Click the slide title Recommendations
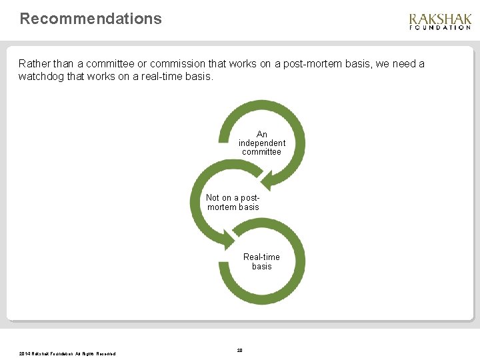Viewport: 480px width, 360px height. [91, 19]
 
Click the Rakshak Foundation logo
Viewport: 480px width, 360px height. [439, 22]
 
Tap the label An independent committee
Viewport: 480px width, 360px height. [262, 143]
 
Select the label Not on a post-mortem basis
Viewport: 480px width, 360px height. [233, 202]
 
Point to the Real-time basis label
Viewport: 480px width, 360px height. [261, 261]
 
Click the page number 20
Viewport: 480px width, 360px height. [240, 350]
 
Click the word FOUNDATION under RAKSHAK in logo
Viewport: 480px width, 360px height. [439, 28]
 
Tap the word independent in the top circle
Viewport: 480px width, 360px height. [262, 143]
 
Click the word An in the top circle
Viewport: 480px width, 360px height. [262, 134]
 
